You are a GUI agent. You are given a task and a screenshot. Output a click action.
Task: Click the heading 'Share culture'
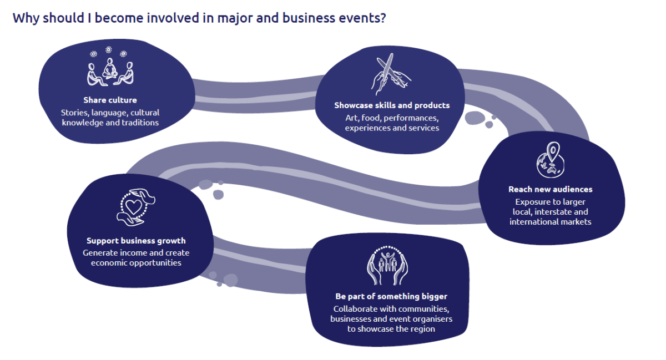[x=110, y=100]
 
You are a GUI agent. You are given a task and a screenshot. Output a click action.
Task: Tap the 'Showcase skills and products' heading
[x=392, y=105]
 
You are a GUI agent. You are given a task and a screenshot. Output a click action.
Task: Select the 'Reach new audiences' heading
[x=551, y=189]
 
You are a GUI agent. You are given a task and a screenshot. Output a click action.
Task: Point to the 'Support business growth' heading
[x=136, y=241]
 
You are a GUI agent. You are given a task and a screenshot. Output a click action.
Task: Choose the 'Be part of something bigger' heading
[x=391, y=296]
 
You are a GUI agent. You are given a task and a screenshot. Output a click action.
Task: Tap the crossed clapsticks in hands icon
[x=391, y=74]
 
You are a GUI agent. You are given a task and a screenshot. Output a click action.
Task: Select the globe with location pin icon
[x=551, y=160]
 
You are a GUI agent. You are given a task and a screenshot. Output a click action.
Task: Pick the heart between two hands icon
[x=135, y=207]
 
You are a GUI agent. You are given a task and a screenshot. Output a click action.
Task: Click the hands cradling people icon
[x=387, y=266]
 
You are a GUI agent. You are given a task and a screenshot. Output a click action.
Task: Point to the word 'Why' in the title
[x=26, y=18]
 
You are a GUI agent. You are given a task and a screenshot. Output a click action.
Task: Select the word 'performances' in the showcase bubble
[x=411, y=118]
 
